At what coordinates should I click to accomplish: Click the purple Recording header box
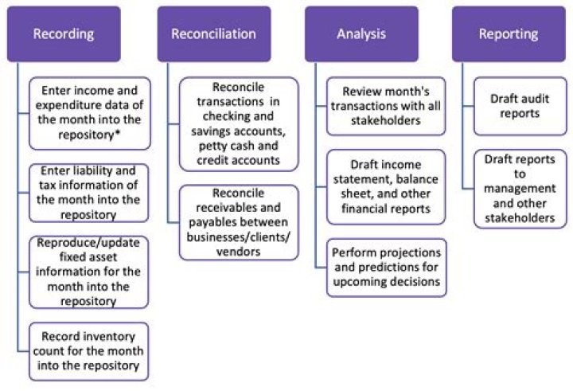coord(64,34)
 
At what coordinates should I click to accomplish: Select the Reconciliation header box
coord(214,34)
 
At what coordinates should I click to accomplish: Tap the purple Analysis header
coord(361,34)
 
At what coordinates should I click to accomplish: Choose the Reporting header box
coord(508,34)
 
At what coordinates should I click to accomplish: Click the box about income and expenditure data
coord(88,113)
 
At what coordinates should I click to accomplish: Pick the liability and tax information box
coord(88,192)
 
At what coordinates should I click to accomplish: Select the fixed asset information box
coord(88,272)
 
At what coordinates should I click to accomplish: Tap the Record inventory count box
coord(88,351)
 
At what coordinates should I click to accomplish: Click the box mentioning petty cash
coord(239,123)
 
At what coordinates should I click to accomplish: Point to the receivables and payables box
coord(239,222)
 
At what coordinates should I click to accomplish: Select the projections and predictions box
coord(386,267)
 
